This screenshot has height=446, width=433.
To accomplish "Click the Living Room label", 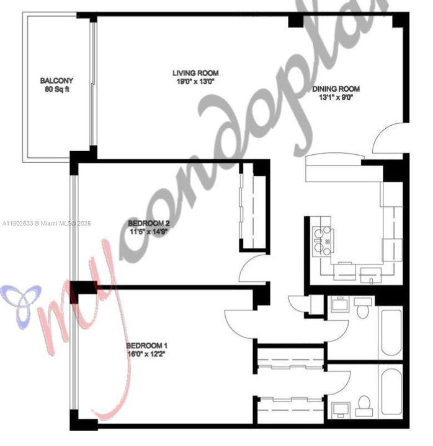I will point(195,73).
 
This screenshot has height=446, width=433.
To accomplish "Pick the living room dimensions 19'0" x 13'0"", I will point(195,81).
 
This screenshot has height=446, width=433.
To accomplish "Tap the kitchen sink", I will point(370,271).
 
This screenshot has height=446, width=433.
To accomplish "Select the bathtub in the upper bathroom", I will point(391,331).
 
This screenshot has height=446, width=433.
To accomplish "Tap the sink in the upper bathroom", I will point(340,305).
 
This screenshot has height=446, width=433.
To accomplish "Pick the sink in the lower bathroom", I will point(340,409).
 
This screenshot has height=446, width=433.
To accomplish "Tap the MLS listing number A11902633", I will point(18,223).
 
